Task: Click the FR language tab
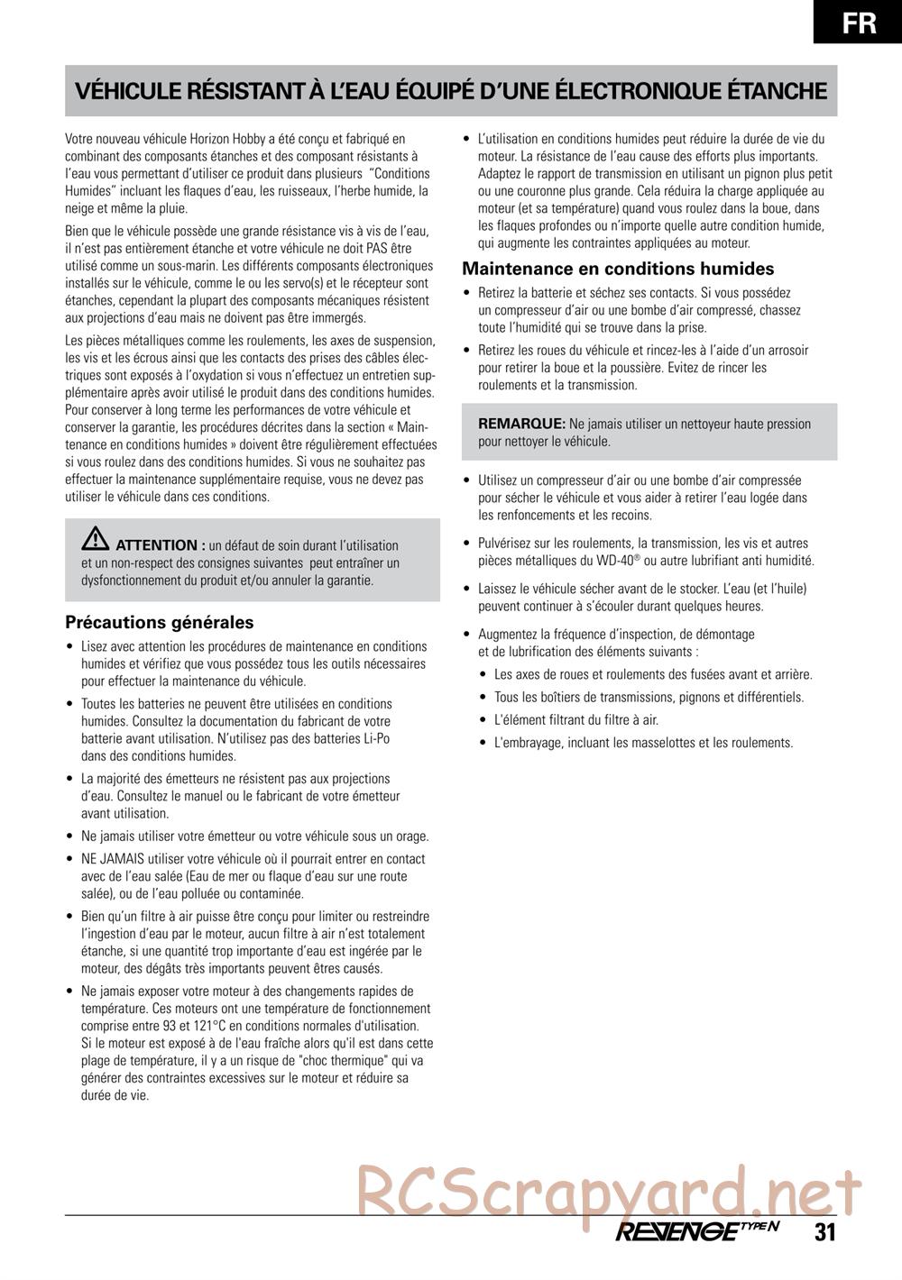[x=860, y=22]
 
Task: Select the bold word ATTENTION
[x=156, y=545]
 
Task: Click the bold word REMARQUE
[x=521, y=424]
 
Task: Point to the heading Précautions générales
[x=160, y=622]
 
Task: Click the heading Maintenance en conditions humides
[x=618, y=269]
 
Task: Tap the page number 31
[x=825, y=1233]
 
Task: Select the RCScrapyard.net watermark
[x=610, y=1190]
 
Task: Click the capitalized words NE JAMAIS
[x=112, y=859]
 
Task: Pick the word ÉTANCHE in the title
[x=777, y=91]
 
